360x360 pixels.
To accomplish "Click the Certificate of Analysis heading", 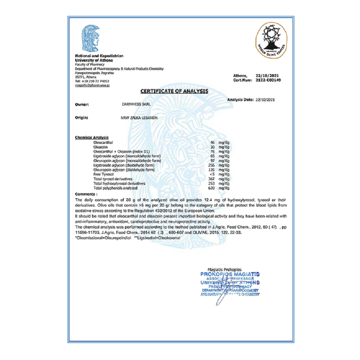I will click(174, 91).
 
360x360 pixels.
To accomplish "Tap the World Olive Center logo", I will click(271, 39).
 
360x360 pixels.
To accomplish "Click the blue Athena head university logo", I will click(90, 38).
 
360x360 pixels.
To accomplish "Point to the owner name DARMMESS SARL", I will click(135, 105).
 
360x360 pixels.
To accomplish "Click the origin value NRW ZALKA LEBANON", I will click(139, 118).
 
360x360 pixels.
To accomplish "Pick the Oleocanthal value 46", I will click(212, 143).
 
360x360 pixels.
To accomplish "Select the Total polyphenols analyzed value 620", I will click(211, 188).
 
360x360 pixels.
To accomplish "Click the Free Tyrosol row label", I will click(101, 174).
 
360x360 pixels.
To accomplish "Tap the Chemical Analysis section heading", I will click(92, 138).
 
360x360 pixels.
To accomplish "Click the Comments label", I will click(86, 194).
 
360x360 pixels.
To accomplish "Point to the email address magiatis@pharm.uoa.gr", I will click(93, 85).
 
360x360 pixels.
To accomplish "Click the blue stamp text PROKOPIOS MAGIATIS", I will click(230, 274).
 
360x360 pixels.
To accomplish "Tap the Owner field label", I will click(82, 105).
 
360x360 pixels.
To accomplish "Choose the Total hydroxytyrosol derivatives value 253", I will click(211, 183).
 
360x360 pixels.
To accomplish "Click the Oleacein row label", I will click(99, 147).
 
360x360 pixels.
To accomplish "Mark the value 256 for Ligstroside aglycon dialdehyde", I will click(211, 165).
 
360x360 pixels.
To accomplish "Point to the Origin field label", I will click(82, 118).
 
